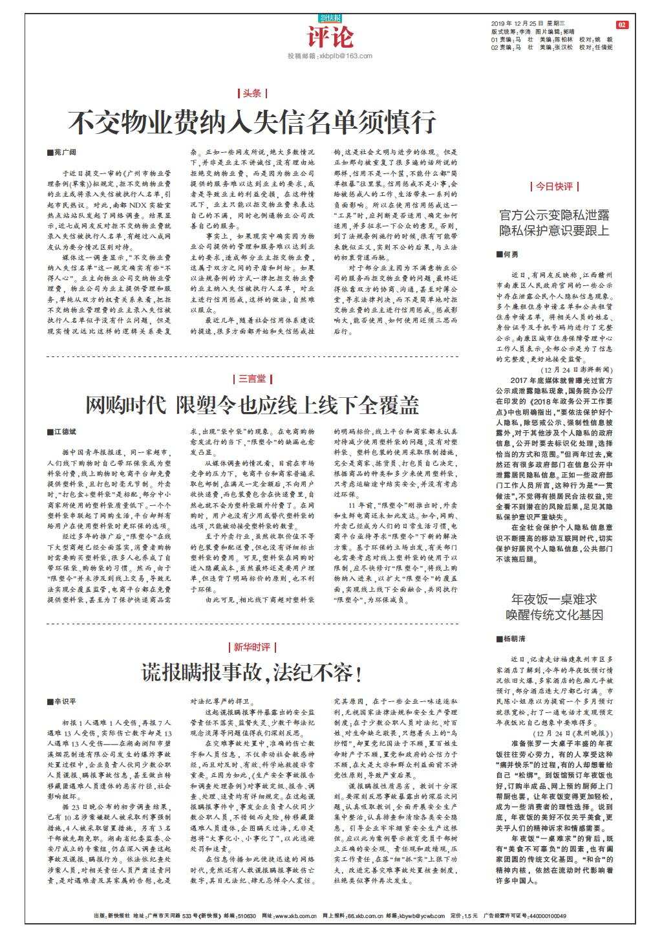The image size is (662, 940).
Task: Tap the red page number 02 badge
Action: (x=621, y=25)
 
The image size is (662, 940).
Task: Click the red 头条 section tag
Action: (x=252, y=93)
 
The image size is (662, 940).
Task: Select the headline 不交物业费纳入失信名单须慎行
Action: (x=253, y=122)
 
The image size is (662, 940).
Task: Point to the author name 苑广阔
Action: (x=65, y=152)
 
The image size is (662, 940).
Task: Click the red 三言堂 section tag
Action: (x=252, y=378)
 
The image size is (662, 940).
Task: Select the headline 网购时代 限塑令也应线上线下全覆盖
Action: (x=253, y=406)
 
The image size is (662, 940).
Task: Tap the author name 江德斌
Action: (x=65, y=431)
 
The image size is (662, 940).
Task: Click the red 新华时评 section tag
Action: (x=252, y=647)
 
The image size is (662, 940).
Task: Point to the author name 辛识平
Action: (x=65, y=701)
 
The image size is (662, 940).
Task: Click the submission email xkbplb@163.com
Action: (x=330, y=56)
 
